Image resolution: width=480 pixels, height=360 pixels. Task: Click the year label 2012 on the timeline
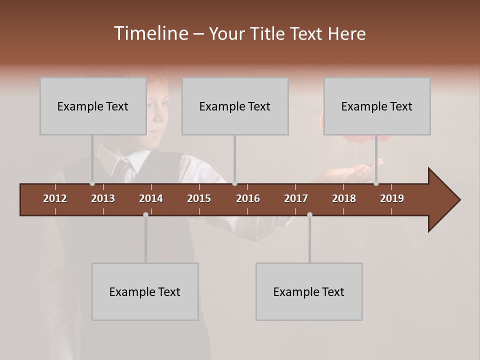(55, 198)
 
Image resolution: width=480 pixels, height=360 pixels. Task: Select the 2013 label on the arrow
(103, 198)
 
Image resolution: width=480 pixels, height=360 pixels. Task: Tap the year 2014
(151, 198)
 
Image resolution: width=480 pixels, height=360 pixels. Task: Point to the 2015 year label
(199, 198)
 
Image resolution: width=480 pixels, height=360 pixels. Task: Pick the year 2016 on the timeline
(248, 198)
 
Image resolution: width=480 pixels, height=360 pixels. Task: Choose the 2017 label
(296, 198)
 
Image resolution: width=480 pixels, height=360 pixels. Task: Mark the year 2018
(344, 198)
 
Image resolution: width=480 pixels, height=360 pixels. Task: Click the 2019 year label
(392, 198)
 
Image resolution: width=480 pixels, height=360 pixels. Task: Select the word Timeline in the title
(150, 33)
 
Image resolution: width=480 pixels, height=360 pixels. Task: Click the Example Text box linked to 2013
(93, 106)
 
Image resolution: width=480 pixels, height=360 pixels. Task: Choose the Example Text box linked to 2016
(235, 106)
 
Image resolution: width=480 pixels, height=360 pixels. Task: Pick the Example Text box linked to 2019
(377, 106)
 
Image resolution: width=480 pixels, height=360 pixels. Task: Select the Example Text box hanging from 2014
(145, 292)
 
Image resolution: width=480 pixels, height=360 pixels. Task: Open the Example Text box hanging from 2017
(309, 292)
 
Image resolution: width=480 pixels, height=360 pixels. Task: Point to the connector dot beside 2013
(92, 183)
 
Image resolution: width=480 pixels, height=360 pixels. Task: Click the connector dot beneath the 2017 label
(309, 215)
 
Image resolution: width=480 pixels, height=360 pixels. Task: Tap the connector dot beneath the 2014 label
(145, 215)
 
